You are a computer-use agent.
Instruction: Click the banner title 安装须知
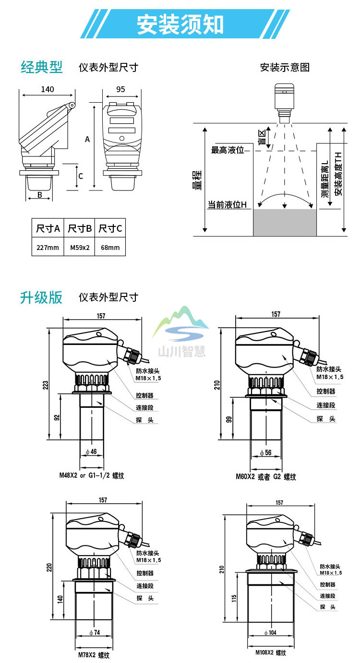180,24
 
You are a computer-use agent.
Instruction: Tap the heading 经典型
42,67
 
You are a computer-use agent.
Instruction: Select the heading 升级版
42,297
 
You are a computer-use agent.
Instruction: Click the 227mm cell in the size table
48,248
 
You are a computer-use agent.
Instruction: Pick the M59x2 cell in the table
80,248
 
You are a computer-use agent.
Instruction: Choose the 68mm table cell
110,248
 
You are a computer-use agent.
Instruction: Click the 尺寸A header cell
48,228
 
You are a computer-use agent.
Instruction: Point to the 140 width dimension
47,89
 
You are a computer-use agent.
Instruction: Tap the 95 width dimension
120,89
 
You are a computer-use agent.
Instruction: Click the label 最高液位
228,150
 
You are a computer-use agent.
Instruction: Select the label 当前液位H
227,205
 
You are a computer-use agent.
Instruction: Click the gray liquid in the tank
285,223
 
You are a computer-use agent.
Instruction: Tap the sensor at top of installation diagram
284,98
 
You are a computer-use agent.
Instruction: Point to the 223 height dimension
46,385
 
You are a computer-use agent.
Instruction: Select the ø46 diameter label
91,451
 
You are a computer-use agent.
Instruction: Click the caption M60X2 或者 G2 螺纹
265,477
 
